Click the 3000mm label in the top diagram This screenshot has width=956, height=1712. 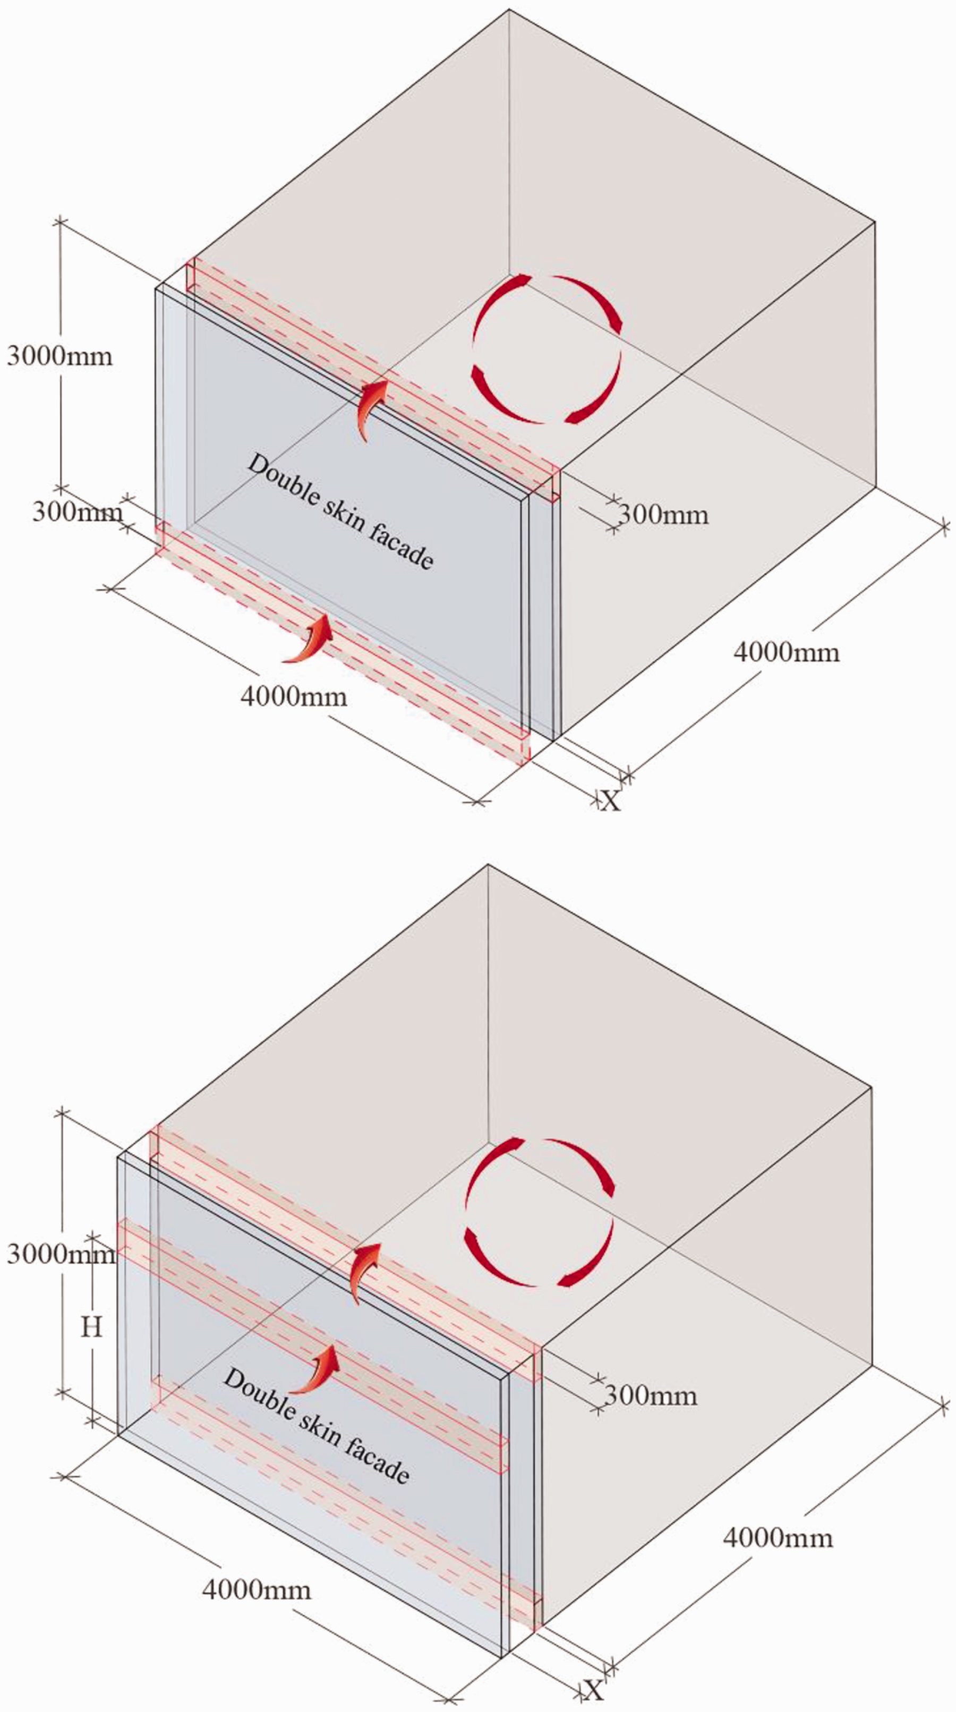[x=60, y=356]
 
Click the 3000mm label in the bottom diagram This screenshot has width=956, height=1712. [x=60, y=1254]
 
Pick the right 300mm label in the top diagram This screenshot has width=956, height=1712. [x=663, y=514]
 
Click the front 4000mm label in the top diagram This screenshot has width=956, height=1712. [x=294, y=696]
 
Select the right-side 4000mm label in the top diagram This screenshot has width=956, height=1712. [x=787, y=652]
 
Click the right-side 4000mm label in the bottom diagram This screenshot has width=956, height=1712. [x=778, y=1537]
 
